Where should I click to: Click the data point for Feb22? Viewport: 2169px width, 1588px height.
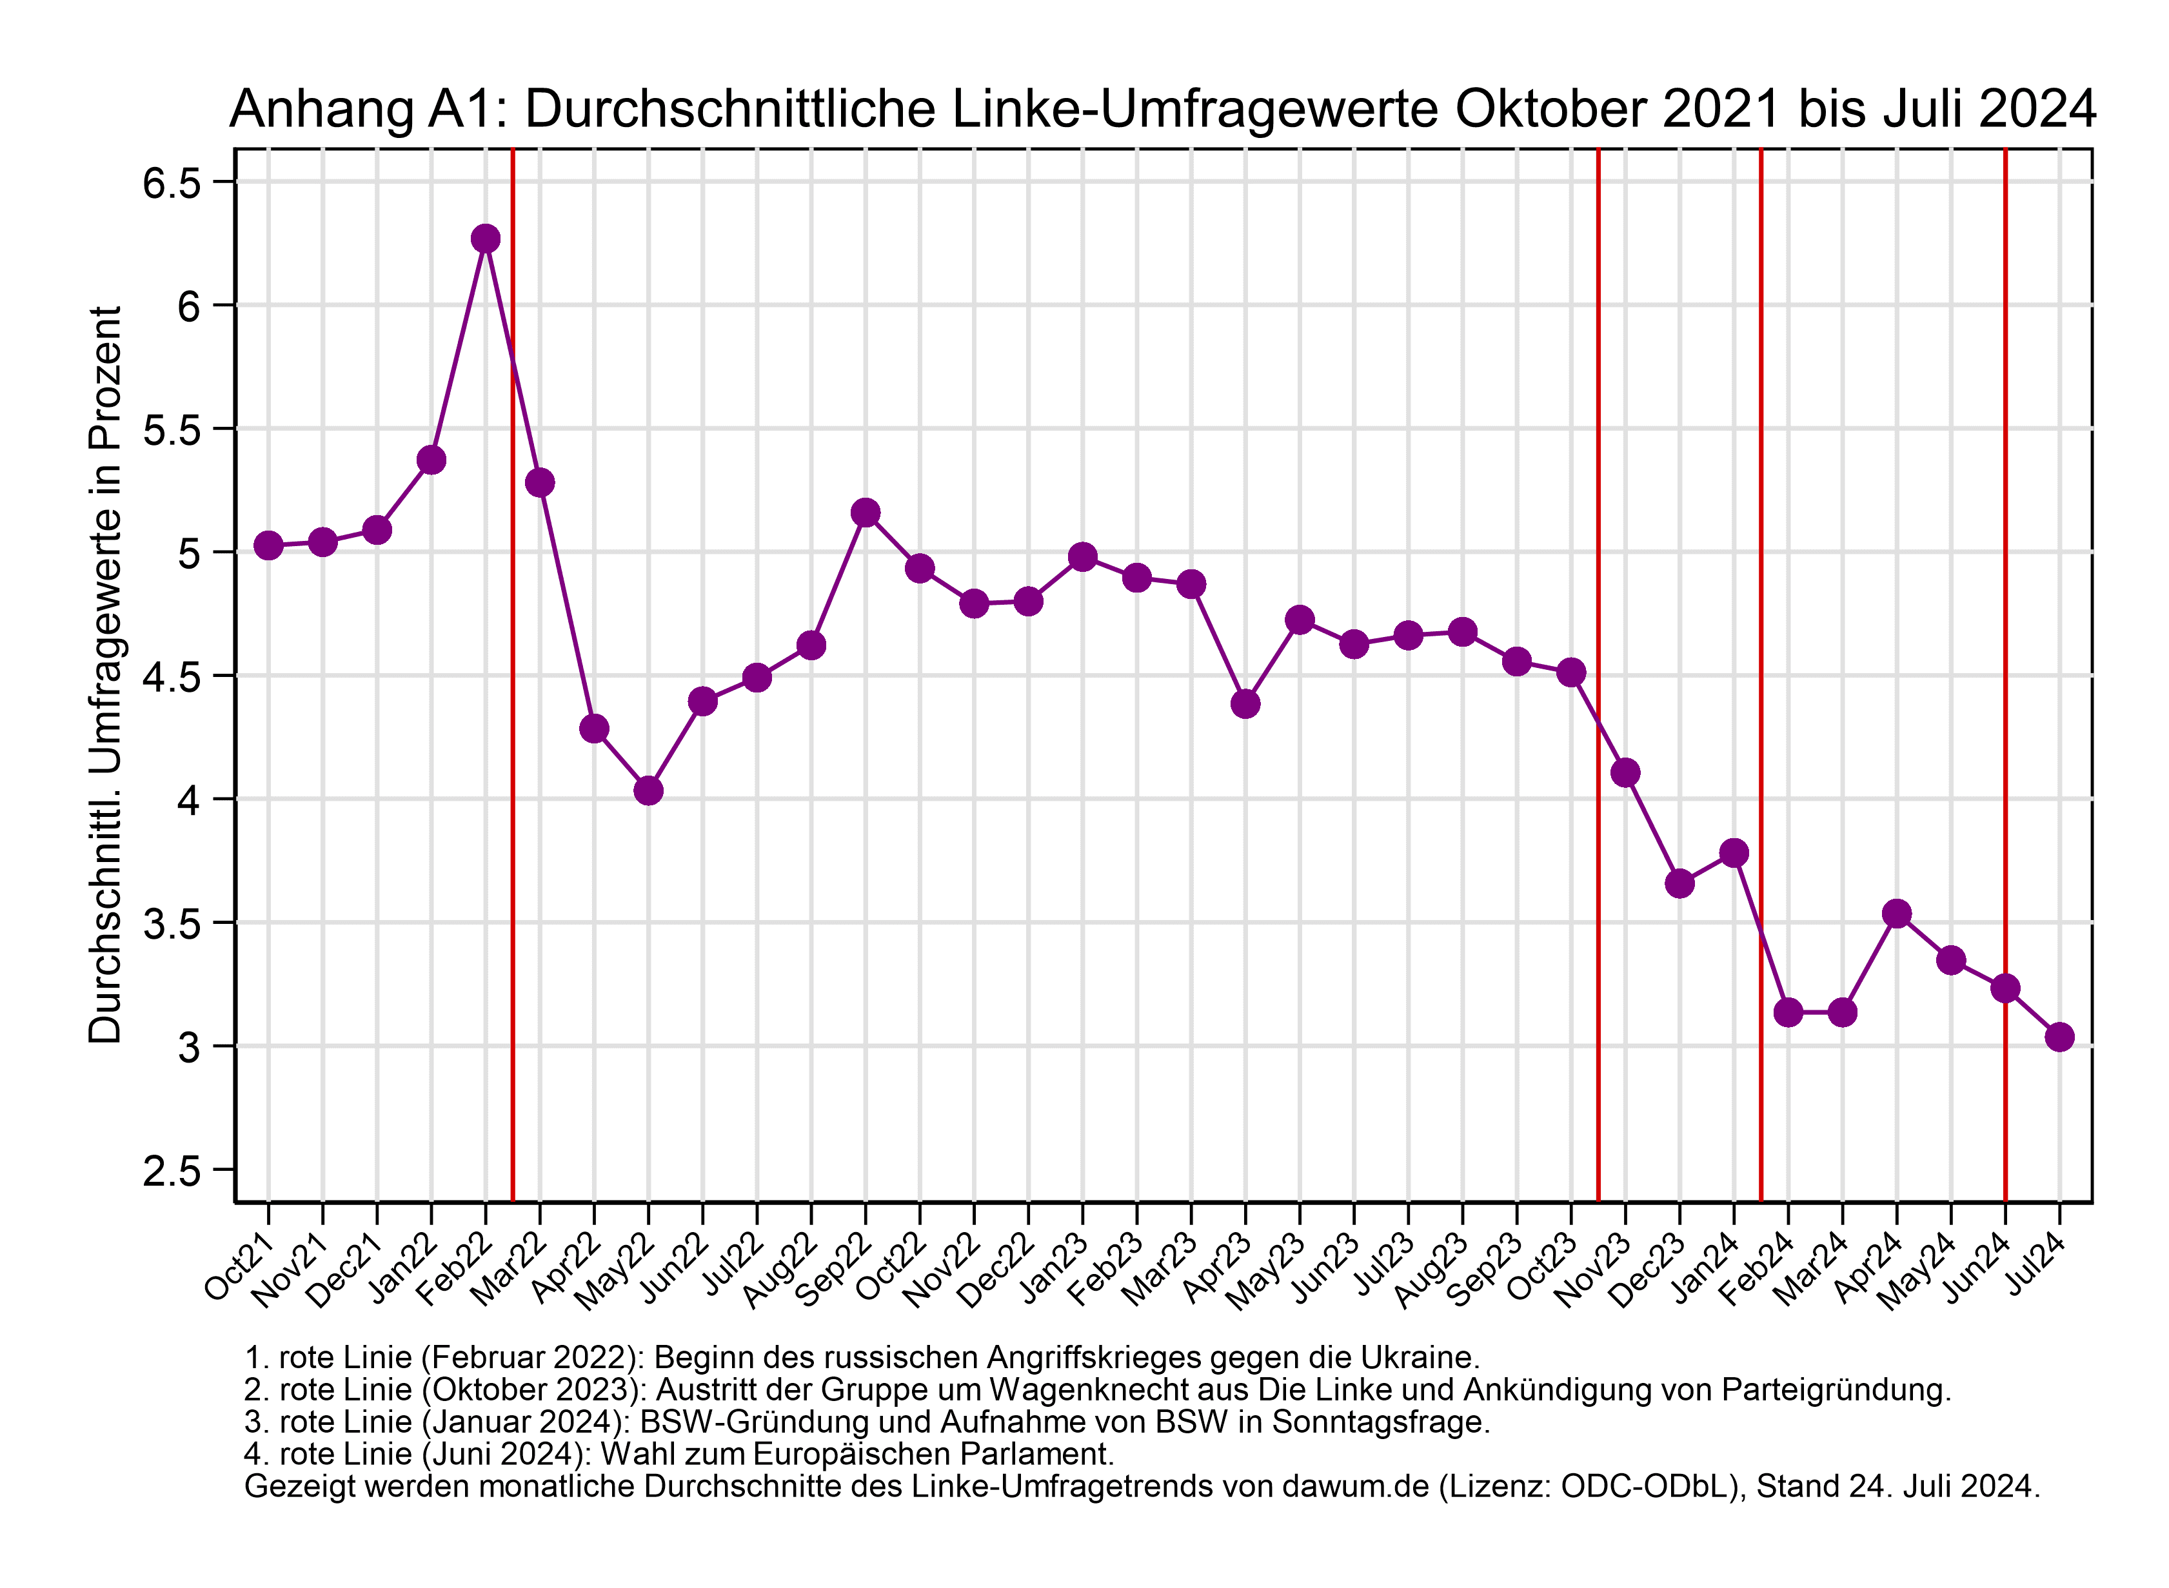486,239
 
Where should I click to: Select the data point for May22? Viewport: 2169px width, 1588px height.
648,791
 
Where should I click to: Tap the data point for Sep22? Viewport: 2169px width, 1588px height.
866,513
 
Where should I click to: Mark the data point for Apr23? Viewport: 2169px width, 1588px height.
1245,705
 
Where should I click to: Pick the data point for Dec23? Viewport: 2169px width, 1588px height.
1679,883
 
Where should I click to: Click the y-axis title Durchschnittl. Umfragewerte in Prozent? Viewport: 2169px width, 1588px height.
106,675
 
